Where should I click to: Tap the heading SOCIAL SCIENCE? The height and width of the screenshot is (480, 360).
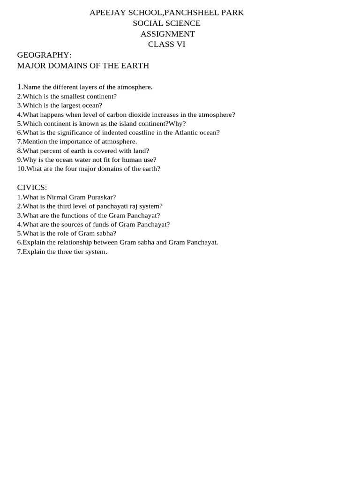click(166, 23)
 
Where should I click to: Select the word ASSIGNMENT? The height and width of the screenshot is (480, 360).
click(167, 34)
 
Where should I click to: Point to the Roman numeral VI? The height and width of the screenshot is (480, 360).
click(180, 45)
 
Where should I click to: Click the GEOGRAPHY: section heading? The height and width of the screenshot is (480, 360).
click(44, 55)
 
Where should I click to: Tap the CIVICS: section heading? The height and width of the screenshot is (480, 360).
click(32, 187)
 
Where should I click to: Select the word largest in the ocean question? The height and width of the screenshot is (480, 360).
click(71, 105)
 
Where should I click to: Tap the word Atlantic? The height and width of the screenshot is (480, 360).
click(189, 133)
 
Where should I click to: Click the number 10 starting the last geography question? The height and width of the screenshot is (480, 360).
click(21, 169)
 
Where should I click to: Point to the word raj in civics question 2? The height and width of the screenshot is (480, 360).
click(133, 206)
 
